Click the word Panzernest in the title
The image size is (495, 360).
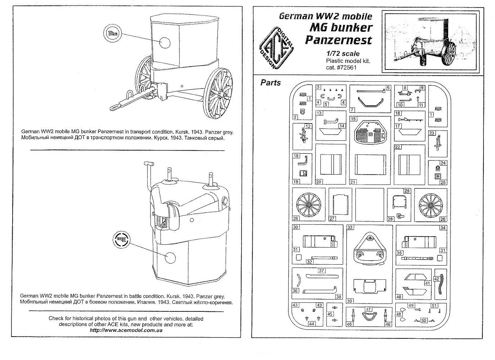click(x=338, y=39)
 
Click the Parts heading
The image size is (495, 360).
click(x=270, y=83)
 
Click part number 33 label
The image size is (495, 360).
click(x=350, y=228)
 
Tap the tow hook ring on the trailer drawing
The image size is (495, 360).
click(x=114, y=107)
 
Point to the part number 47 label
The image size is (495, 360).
click(x=368, y=309)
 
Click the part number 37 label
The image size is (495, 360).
click(x=321, y=271)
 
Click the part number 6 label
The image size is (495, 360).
click(x=388, y=87)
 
